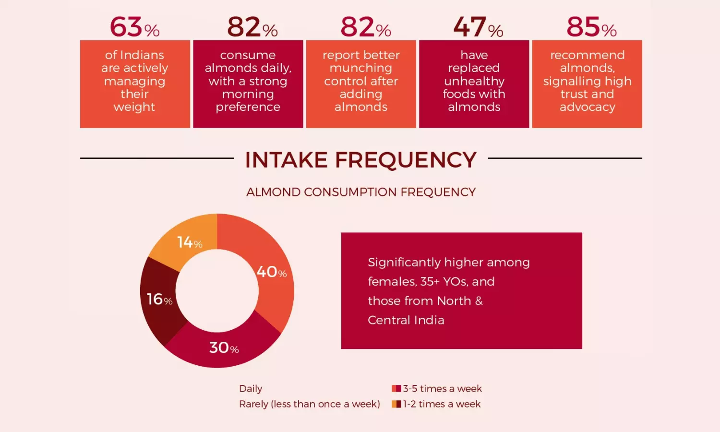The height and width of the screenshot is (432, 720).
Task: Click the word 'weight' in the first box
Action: pyautogui.click(x=134, y=107)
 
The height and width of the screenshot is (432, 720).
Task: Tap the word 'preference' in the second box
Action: pyautogui.click(x=248, y=107)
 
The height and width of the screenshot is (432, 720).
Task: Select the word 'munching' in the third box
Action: pyautogui.click(x=361, y=68)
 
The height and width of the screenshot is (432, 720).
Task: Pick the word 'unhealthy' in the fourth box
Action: pyautogui.click(x=474, y=81)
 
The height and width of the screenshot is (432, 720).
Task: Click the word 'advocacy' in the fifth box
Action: pyautogui.click(x=588, y=107)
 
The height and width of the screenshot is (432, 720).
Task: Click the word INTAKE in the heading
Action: pyautogui.click(x=286, y=160)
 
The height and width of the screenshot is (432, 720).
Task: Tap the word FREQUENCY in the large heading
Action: pyautogui.click(x=406, y=160)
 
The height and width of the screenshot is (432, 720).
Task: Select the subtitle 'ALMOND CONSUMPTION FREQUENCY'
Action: pyautogui.click(x=361, y=192)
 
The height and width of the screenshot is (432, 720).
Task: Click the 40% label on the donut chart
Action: pyautogui.click(x=272, y=272)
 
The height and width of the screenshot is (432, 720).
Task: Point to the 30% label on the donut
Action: pyautogui.click(x=224, y=348)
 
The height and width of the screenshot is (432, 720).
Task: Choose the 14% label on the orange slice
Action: pyautogui.click(x=190, y=242)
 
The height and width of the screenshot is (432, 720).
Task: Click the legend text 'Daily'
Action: pyautogui.click(x=251, y=388)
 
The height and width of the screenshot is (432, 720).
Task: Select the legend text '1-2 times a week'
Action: pyautogui.click(x=442, y=404)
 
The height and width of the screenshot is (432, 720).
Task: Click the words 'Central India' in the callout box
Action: pyautogui.click(x=406, y=320)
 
